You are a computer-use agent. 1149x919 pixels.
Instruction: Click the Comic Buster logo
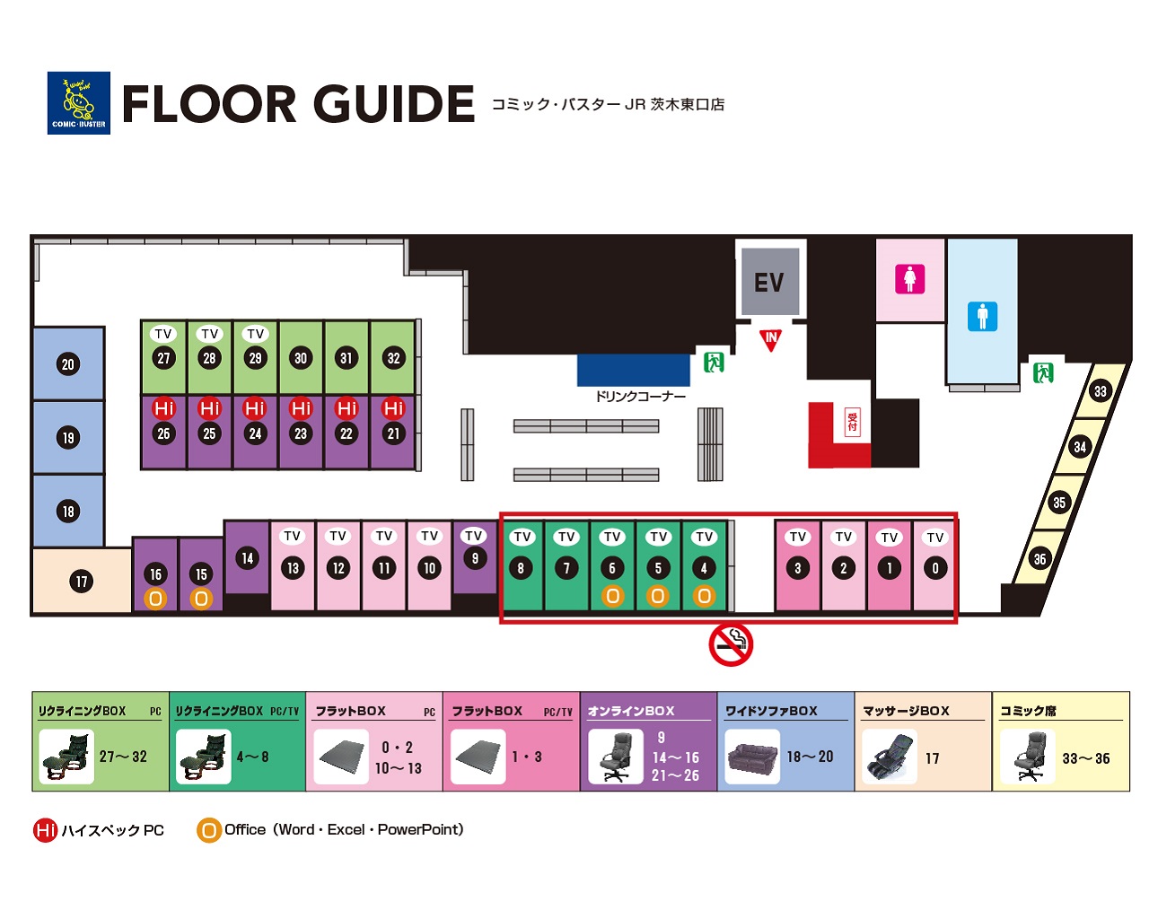pyautogui.click(x=78, y=103)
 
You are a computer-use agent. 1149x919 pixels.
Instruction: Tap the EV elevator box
pyautogui.click(x=770, y=282)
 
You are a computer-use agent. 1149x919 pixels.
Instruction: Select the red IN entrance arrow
pyautogui.click(x=770, y=340)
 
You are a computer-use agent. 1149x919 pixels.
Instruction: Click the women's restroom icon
pyautogui.click(x=910, y=279)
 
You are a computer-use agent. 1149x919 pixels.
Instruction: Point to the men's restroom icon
pyautogui.click(x=982, y=316)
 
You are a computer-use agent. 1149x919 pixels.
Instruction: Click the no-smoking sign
pyautogui.click(x=731, y=645)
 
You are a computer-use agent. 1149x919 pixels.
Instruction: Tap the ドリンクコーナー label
pyautogui.click(x=640, y=397)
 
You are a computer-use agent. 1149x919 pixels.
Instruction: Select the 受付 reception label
pyautogui.click(x=853, y=422)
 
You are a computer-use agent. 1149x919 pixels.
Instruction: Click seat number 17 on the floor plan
pyautogui.click(x=81, y=582)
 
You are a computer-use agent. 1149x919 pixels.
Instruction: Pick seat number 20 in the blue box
pyautogui.click(x=68, y=364)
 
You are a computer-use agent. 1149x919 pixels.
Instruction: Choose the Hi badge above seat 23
pyautogui.click(x=301, y=408)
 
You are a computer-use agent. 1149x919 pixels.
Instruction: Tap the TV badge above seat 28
pyautogui.click(x=209, y=334)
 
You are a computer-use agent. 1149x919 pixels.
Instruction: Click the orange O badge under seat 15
pyautogui.click(x=201, y=599)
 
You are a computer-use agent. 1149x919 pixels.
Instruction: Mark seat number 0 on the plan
pyautogui.click(x=934, y=568)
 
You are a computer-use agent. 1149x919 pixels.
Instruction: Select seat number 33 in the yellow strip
pyautogui.click(x=1101, y=391)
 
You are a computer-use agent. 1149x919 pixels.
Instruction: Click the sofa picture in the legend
pyautogui.click(x=752, y=757)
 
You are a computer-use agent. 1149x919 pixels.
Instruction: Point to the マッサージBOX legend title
pyautogui.click(x=906, y=711)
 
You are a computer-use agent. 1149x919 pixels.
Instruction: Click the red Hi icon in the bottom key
pyautogui.click(x=46, y=830)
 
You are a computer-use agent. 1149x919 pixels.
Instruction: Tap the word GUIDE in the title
pyautogui.click(x=393, y=103)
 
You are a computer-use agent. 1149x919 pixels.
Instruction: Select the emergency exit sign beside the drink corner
pyautogui.click(x=714, y=363)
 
